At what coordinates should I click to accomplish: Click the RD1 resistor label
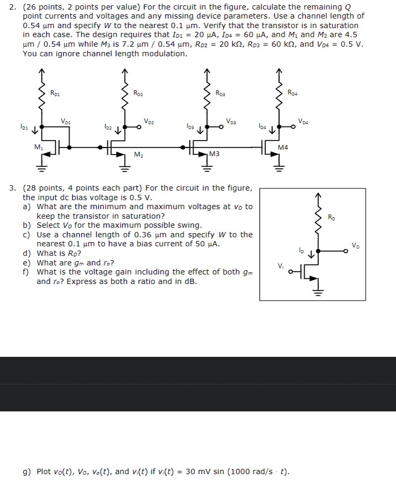(55, 93)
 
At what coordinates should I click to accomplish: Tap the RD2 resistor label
(138, 93)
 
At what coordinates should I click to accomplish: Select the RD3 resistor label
(221, 93)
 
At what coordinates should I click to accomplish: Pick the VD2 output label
(149, 121)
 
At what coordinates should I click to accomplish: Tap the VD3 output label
(231, 121)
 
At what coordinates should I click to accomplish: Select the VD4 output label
(303, 121)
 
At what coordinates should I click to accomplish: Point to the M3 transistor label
(214, 154)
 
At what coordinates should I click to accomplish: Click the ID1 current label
(24, 127)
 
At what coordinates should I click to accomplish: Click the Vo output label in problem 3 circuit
(355, 245)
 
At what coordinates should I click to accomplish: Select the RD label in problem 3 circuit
(331, 217)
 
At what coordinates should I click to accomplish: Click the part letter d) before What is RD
(27, 253)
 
